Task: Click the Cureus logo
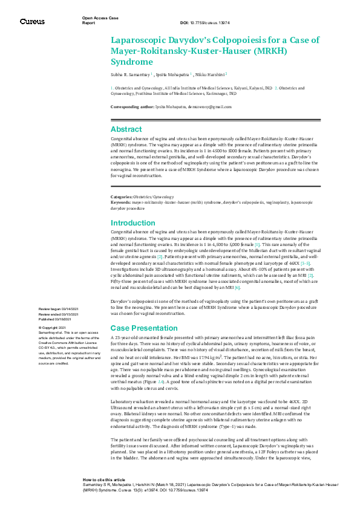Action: coord(32,22)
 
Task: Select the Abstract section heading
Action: coord(126,129)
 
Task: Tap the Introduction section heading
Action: coord(133,223)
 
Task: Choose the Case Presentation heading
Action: coord(142,327)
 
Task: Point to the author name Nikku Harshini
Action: coord(212,74)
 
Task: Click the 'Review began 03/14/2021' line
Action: coord(58,309)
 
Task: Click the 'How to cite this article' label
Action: coord(105,494)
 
